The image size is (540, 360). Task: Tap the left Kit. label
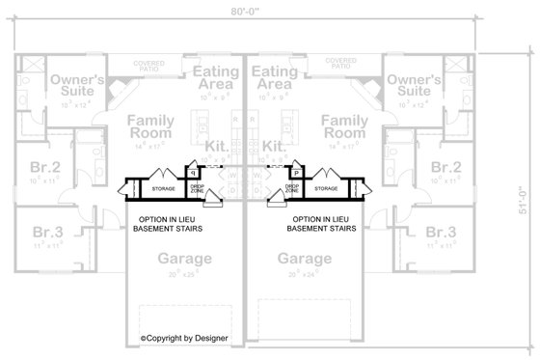(217, 146)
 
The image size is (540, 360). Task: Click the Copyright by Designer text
(182, 339)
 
